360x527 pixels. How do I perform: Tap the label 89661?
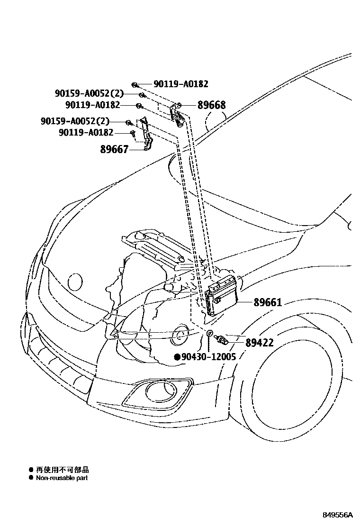coord(267,302)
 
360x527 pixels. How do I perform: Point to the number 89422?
coord(260,342)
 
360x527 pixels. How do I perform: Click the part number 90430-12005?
coord(208,357)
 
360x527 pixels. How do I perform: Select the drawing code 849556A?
coord(338,515)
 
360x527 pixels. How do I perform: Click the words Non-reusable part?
coord(62,478)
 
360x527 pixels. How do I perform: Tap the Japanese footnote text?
coord(62,470)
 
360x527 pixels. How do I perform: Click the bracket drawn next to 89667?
coord(147,138)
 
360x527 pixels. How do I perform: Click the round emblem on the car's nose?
coord(75,282)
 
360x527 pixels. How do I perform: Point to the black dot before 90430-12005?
coord(177,357)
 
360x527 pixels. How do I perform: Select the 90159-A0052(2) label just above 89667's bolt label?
coord(75,122)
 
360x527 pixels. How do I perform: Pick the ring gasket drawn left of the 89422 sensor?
coord(210,332)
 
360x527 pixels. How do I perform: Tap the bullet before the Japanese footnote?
coord(31,470)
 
